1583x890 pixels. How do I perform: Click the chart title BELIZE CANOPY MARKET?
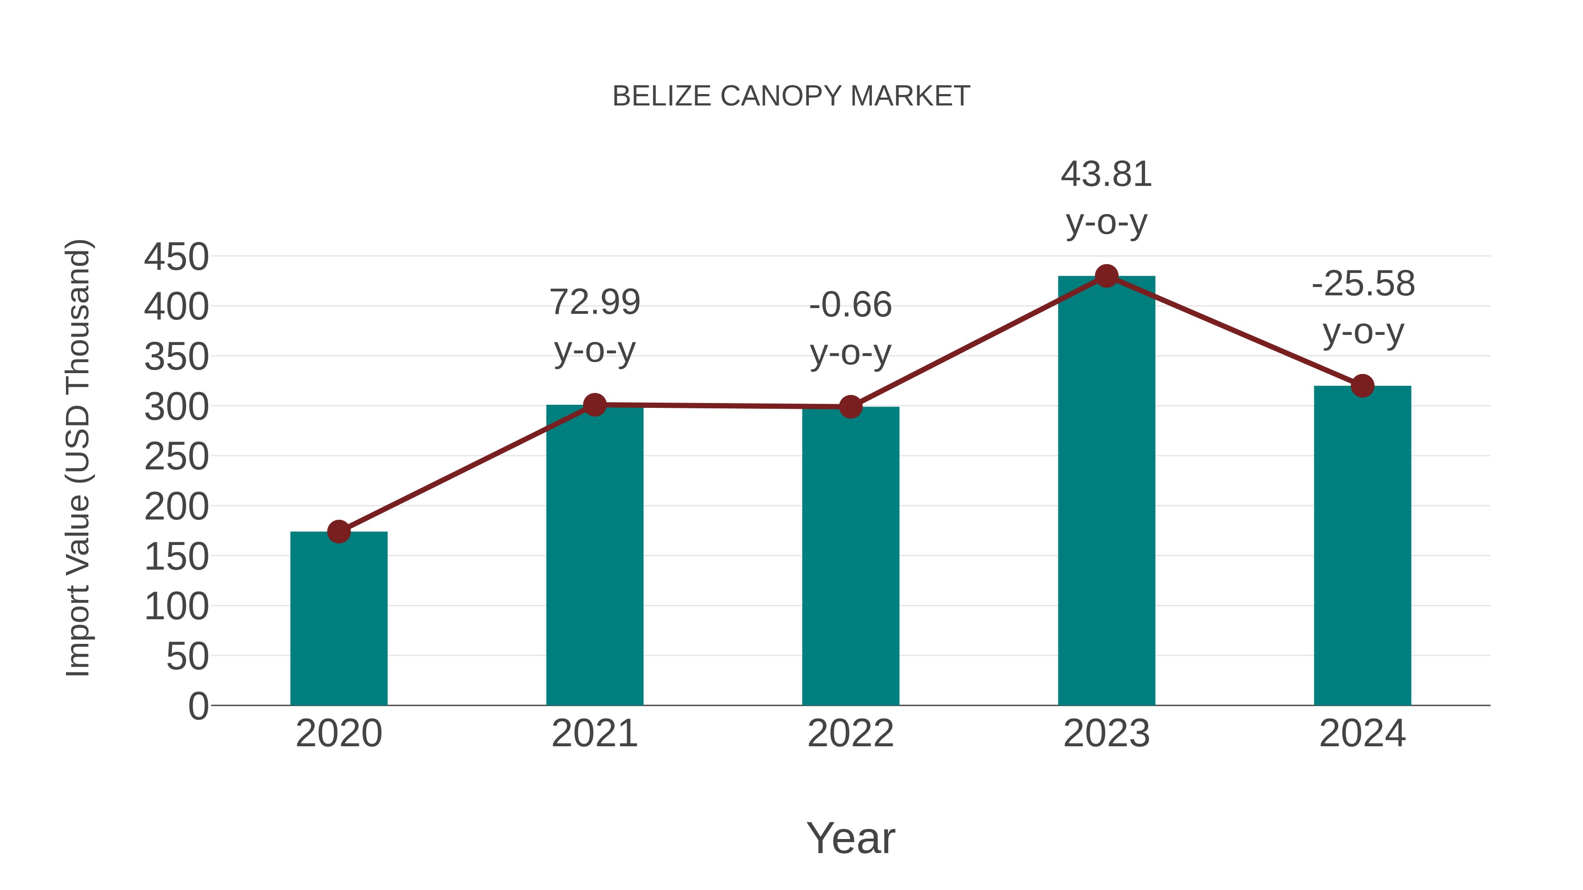click(x=791, y=96)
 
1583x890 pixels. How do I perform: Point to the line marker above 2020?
click(x=339, y=531)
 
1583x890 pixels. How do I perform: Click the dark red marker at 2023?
click(x=1106, y=276)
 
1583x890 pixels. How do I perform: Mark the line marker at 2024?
click(x=1362, y=386)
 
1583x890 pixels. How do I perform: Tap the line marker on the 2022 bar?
click(x=850, y=407)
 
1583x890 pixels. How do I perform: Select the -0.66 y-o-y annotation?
click(x=850, y=329)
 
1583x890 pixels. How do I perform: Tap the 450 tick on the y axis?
click(x=176, y=257)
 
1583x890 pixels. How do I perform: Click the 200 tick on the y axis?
click(x=176, y=507)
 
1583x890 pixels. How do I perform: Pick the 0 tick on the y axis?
click(x=198, y=706)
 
